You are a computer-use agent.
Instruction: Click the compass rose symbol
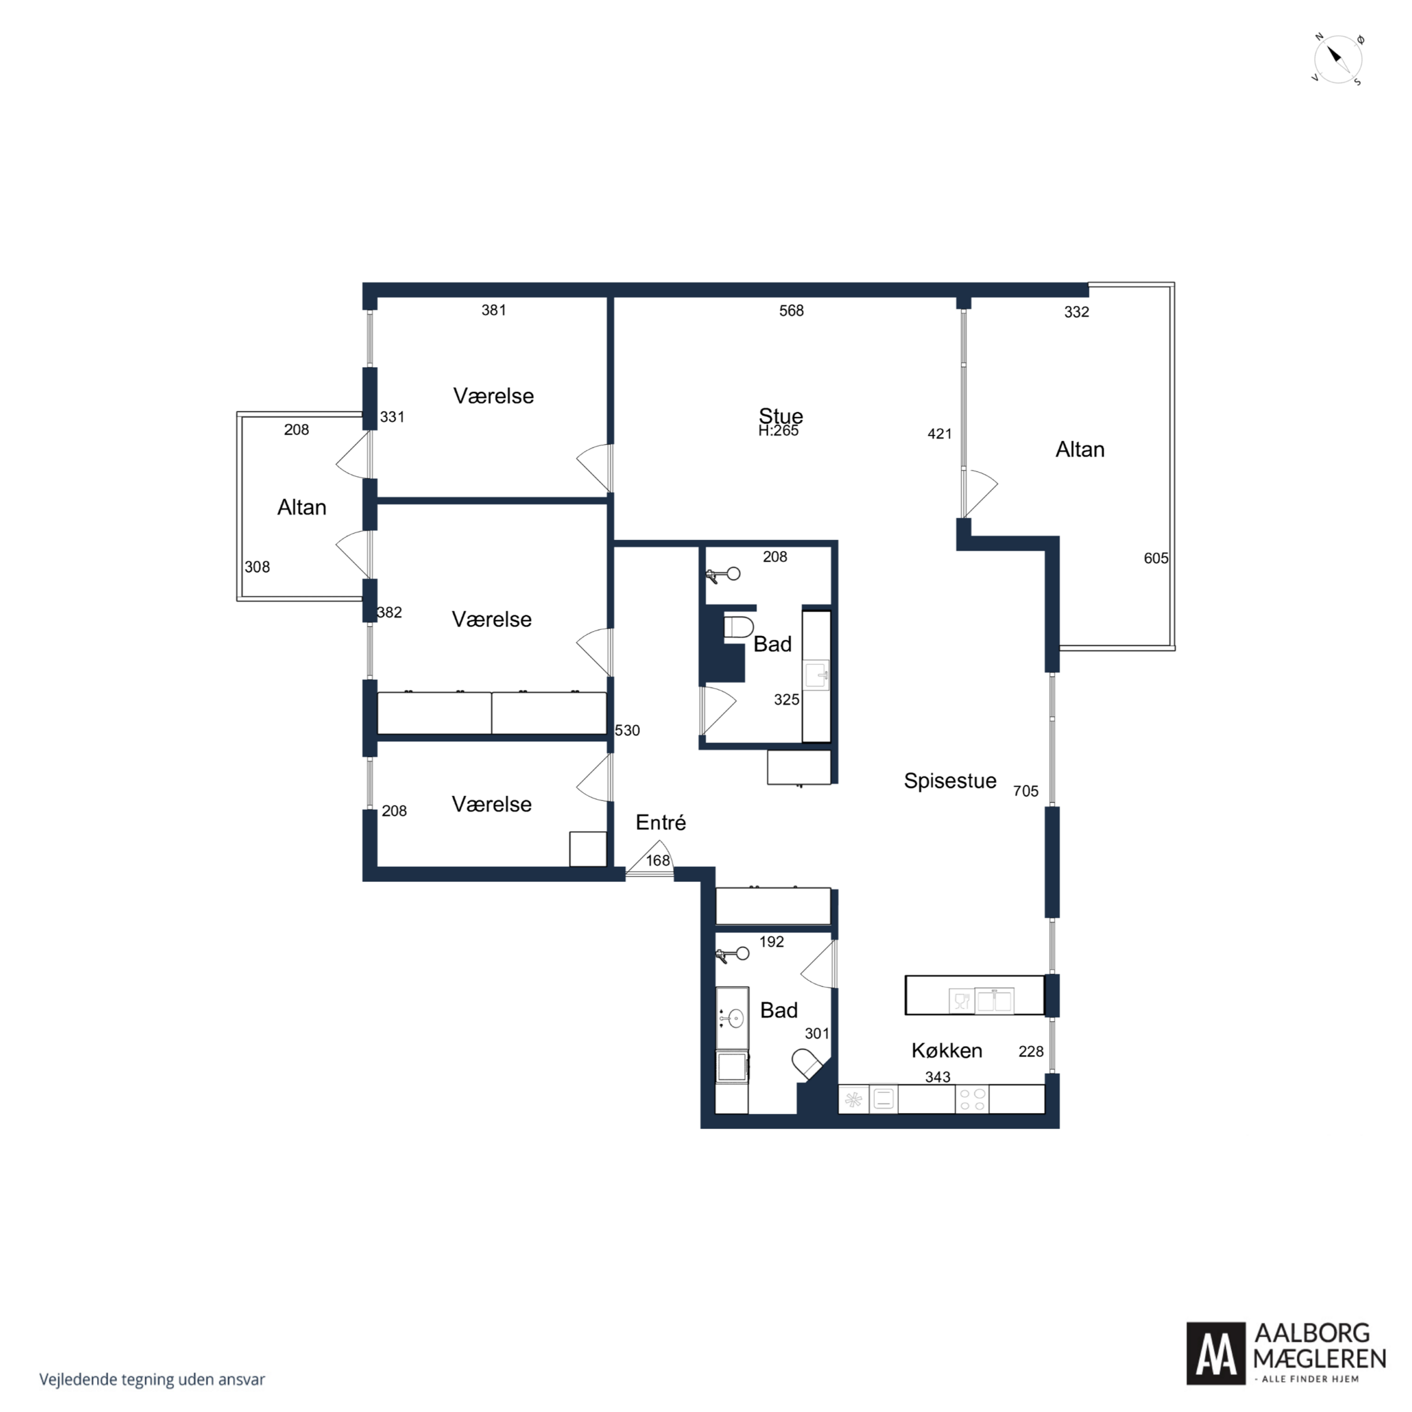1338,59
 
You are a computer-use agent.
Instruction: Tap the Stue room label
780,416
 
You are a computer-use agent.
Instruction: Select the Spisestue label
950,780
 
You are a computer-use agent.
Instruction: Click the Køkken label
947,1050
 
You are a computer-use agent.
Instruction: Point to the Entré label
661,822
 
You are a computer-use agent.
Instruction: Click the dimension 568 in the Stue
791,311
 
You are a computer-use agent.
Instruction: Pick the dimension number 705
1025,791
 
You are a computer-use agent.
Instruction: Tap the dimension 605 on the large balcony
1156,558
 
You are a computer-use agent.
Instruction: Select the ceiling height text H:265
778,431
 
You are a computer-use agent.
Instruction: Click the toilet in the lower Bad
807,1064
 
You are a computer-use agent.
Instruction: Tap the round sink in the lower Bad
734,1017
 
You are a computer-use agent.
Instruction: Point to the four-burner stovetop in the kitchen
972,1100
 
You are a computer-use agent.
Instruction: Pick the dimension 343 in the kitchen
938,1076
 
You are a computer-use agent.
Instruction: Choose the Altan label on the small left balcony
302,507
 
